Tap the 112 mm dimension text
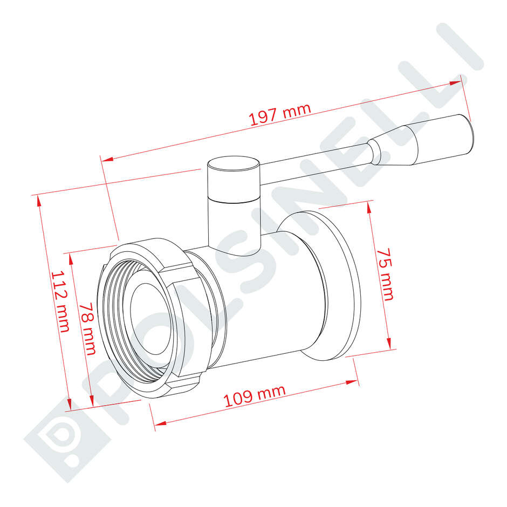click(60, 301)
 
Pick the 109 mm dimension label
click(254, 397)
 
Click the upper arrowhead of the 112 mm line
click(38, 200)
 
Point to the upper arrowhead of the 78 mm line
click(71, 258)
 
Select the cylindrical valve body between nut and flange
click(270, 302)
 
